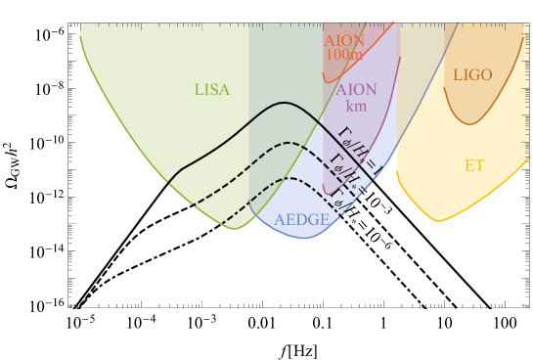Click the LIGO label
[x=472, y=75]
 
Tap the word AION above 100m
[x=343, y=41]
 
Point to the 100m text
[x=342, y=56]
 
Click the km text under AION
[x=356, y=106]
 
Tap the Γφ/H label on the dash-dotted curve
[x=341, y=199]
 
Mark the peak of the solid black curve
[x=284, y=102]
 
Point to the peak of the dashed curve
[x=289, y=143]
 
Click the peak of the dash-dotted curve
[x=290, y=178]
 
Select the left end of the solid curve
[x=168, y=183]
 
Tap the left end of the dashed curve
[x=190, y=206]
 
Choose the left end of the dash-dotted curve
[x=222, y=224]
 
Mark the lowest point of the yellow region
[x=437, y=221]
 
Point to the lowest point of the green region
[x=235, y=229]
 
